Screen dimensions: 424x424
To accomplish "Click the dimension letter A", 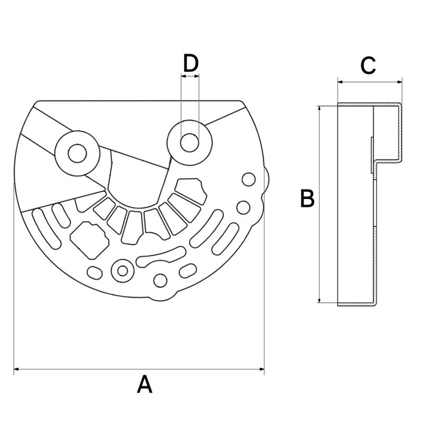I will (x=144, y=384).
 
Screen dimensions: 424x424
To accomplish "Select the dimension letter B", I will (x=307, y=199).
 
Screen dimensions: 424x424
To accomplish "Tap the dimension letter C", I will (x=368, y=66).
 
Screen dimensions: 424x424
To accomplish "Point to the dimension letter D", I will (x=190, y=63).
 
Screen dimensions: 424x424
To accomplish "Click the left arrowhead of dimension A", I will (x=16, y=368).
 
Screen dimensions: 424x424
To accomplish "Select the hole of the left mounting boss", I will (x=77, y=153).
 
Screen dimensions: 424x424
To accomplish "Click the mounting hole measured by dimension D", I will (x=190, y=142).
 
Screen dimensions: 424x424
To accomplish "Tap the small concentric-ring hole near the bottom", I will (x=123, y=270).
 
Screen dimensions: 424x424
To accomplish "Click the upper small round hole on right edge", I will (x=248, y=179).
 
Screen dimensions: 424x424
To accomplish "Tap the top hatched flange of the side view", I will (x=368, y=104).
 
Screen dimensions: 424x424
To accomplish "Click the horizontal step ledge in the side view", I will (x=387, y=160).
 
